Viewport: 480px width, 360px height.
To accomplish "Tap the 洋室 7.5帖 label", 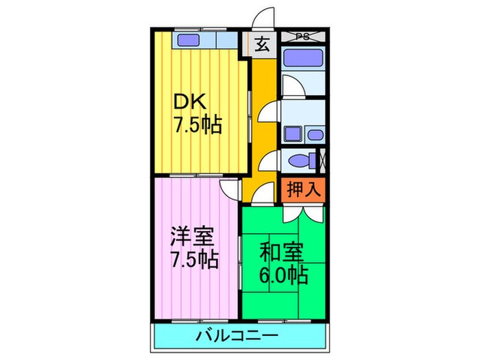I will (x=195, y=250).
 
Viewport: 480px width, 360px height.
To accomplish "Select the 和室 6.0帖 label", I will (x=283, y=264).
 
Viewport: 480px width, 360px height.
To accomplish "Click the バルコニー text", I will (x=237, y=336).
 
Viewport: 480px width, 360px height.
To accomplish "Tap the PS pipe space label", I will (x=302, y=36).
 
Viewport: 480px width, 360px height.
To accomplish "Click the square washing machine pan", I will (x=293, y=133).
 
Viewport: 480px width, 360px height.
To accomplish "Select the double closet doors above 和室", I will (x=302, y=212).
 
